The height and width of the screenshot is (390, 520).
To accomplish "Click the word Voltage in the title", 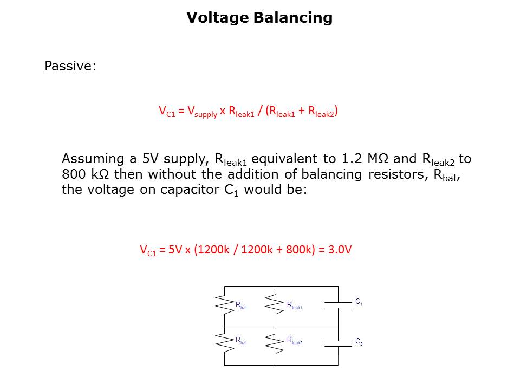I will click(217, 18).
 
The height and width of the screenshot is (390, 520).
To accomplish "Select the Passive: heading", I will click(70, 66).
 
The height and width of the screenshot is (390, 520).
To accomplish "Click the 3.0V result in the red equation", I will click(341, 250).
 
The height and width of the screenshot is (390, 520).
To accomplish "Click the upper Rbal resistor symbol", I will click(224, 304).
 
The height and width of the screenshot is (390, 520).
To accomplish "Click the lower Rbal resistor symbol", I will click(224, 342).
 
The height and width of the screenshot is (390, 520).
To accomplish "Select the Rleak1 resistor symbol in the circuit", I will click(276, 304).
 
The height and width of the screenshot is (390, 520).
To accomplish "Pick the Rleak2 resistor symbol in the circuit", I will click(276, 342).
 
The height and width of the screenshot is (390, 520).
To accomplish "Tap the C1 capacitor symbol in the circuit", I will click(338, 305).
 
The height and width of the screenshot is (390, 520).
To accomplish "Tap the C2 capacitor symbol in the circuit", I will click(338, 342).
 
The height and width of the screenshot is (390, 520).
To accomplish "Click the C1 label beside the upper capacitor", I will click(359, 302).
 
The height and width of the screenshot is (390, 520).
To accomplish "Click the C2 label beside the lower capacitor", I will click(359, 342).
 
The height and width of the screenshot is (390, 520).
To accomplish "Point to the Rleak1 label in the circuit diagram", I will click(294, 305).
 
